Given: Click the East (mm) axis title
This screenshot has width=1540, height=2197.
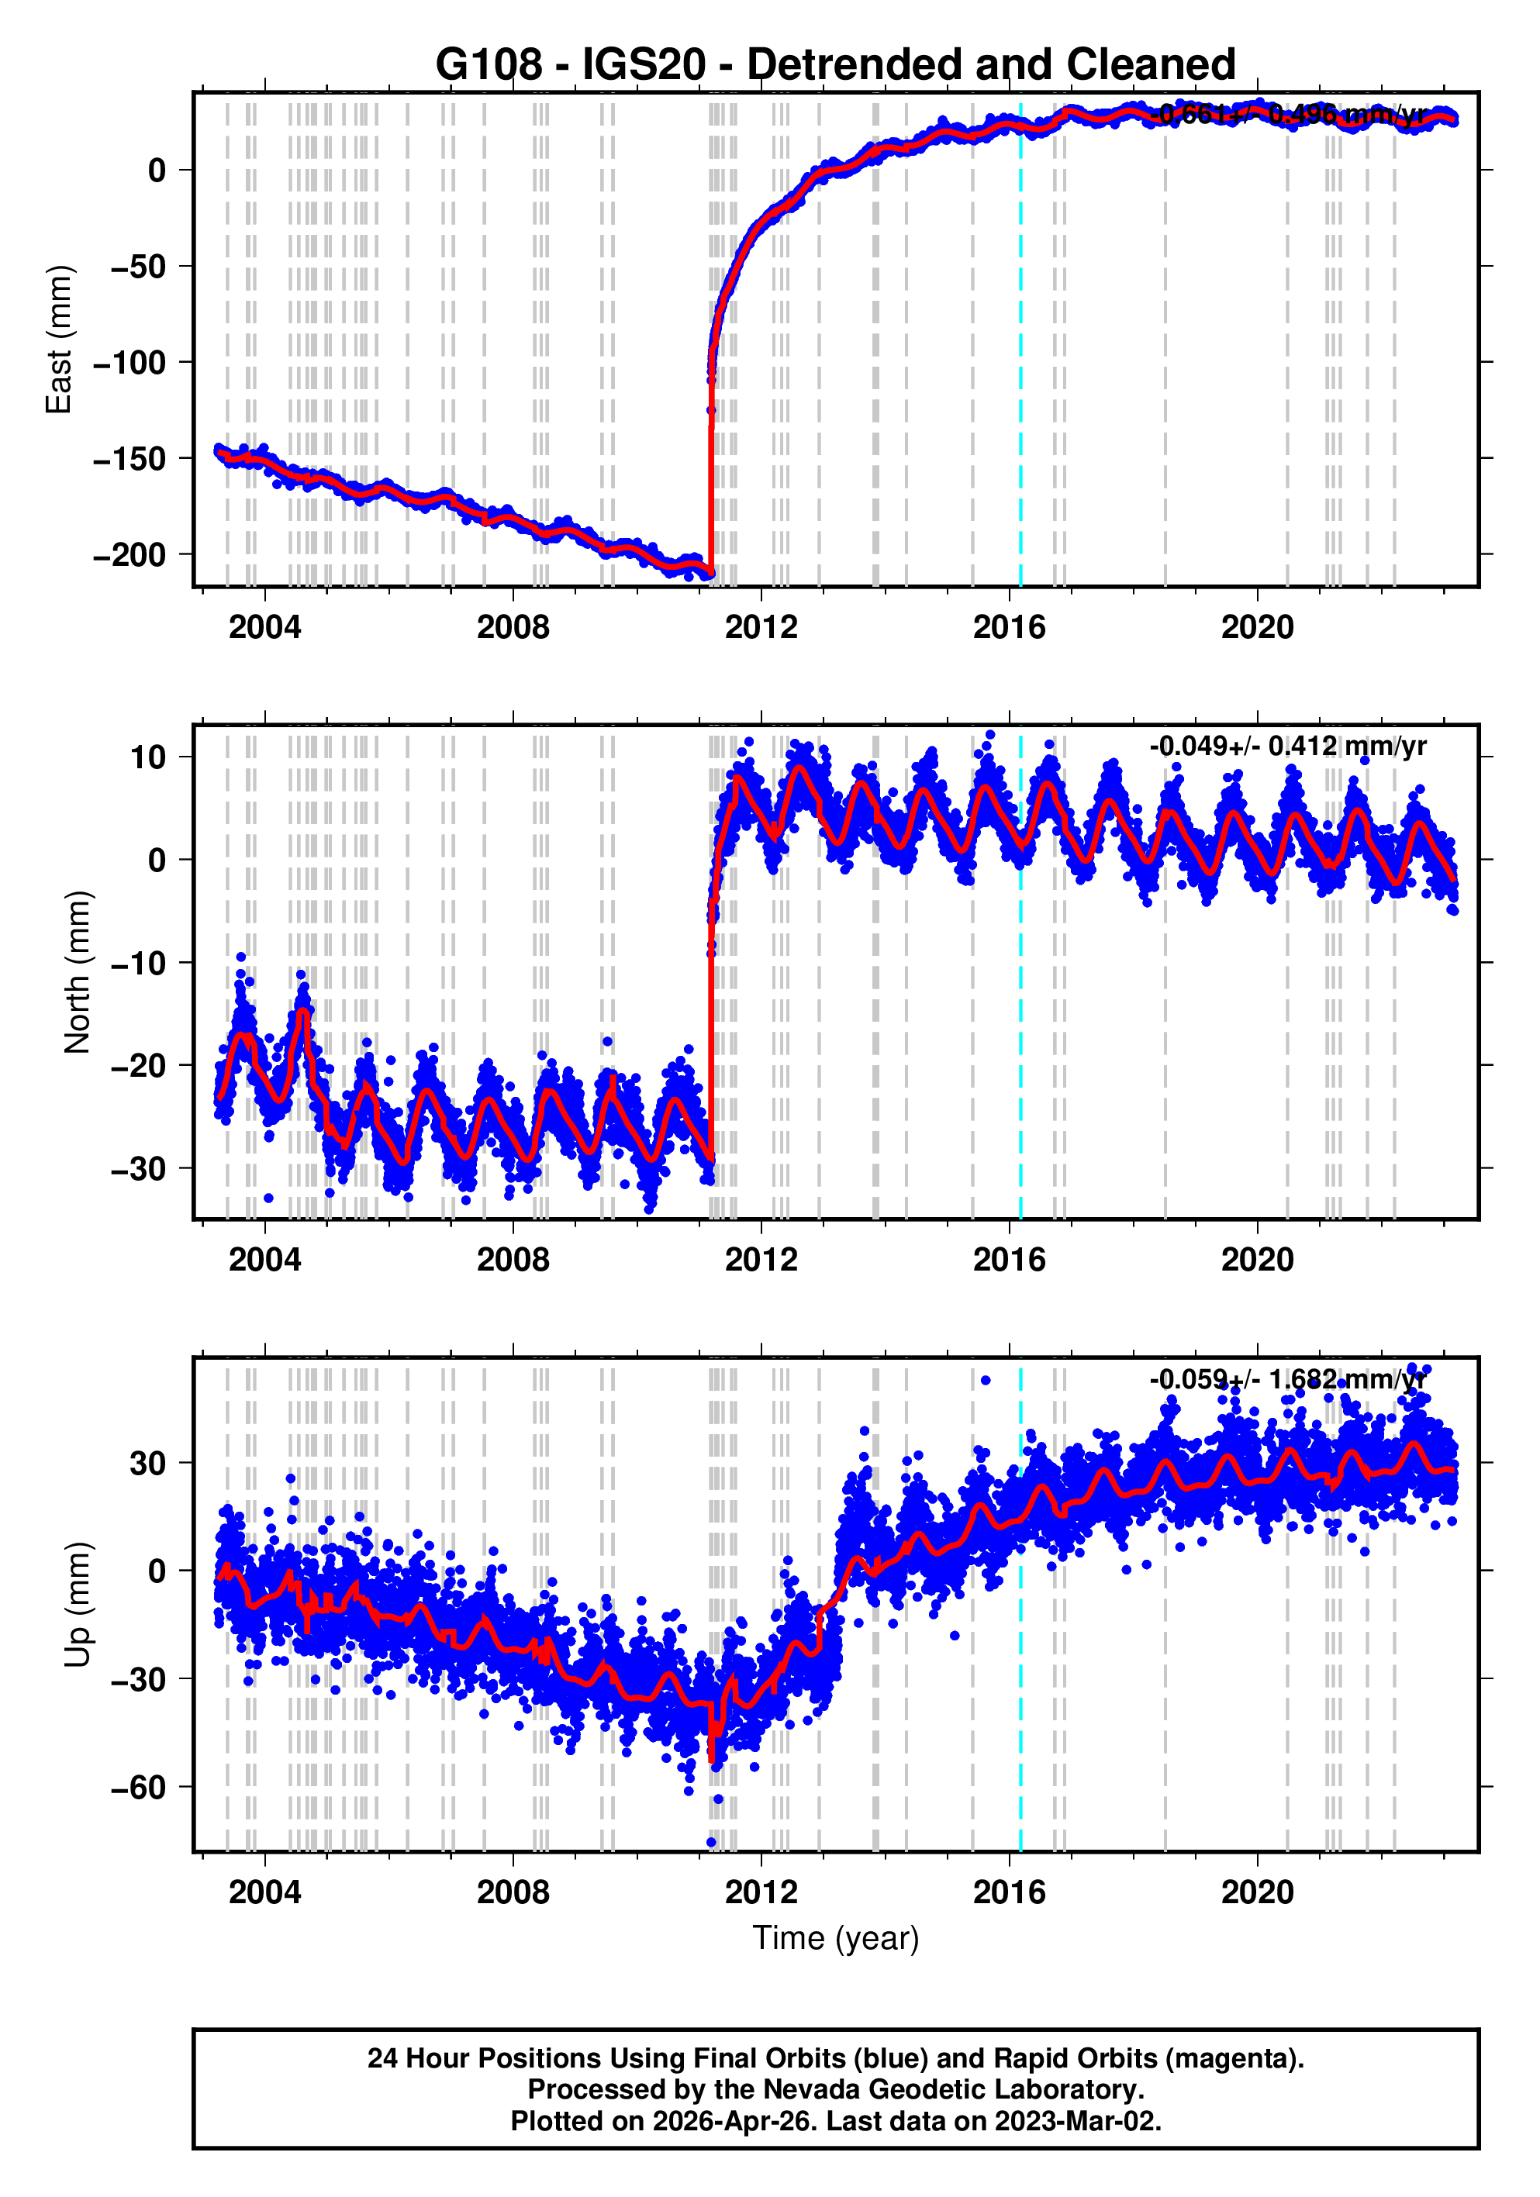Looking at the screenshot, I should pyautogui.click(x=60, y=340).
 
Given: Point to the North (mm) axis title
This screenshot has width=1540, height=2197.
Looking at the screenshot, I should pyautogui.click(x=78, y=972).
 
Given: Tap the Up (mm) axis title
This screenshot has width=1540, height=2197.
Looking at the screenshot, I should pyautogui.click(x=78, y=1605).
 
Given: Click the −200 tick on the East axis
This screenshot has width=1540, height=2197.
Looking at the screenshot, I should pyautogui.click(x=129, y=555).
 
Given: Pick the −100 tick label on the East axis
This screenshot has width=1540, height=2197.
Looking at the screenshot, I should pyautogui.click(x=129, y=363).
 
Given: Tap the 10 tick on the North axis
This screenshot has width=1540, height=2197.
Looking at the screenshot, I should pyautogui.click(x=148, y=757).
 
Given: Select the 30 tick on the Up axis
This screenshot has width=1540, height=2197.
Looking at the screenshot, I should pyautogui.click(x=148, y=1462).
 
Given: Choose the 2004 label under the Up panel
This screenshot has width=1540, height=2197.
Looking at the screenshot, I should pyautogui.click(x=264, y=1892).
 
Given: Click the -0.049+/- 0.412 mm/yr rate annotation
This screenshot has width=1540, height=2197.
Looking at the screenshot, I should pyautogui.click(x=1287, y=747).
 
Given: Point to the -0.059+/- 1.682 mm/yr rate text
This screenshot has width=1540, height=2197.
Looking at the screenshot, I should pyautogui.click(x=1287, y=1379).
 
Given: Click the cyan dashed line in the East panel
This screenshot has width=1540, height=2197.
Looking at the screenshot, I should pyautogui.click(x=1020, y=383).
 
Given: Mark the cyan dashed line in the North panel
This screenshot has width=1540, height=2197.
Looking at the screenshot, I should pyautogui.click(x=1020, y=1053).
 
